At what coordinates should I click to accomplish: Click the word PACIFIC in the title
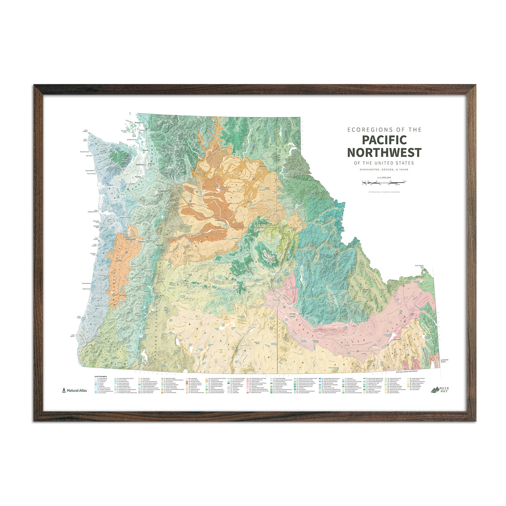click(384, 140)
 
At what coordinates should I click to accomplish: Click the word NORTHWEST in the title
click(384, 152)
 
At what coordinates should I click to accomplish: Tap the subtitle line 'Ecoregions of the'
click(384, 130)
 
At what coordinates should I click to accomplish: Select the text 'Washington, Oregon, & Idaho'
click(384, 169)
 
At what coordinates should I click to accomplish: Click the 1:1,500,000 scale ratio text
click(384, 178)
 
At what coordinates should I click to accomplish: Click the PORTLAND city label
click(126, 239)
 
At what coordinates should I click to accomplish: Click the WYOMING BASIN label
click(444, 361)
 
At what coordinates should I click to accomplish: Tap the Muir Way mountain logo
click(437, 390)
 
